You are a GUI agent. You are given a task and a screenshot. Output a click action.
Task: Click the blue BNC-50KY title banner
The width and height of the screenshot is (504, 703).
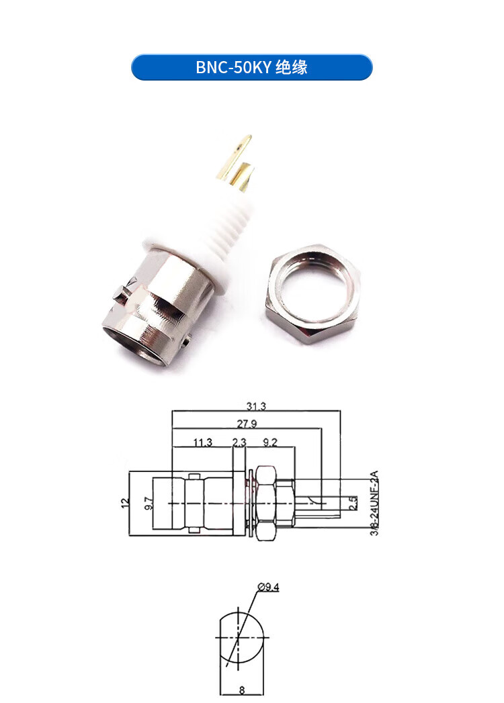pos(252,67)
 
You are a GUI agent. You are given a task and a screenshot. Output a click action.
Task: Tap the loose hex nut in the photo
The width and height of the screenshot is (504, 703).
pos(312,293)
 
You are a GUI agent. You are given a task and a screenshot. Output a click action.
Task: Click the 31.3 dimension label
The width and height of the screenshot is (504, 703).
pos(256,406)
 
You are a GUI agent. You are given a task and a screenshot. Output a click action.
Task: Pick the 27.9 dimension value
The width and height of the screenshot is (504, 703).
pos(247,424)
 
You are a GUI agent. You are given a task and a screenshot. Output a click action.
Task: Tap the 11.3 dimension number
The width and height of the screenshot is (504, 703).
pos(202,442)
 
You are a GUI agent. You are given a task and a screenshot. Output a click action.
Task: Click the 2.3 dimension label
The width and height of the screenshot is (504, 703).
pos(239,442)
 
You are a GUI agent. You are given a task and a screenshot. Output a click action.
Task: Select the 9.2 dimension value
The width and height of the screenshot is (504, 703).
pos(269,442)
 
